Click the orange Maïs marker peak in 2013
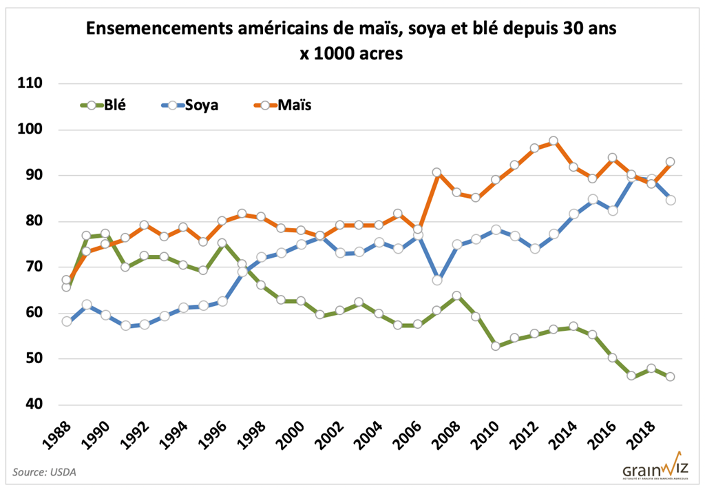tap(554, 141)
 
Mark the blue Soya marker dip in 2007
tap(437, 280)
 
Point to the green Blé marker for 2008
tap(456, 296)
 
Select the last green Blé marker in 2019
tap(670, 377)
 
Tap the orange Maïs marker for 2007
tap(437, 172)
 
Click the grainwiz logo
tap(655, 467)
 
